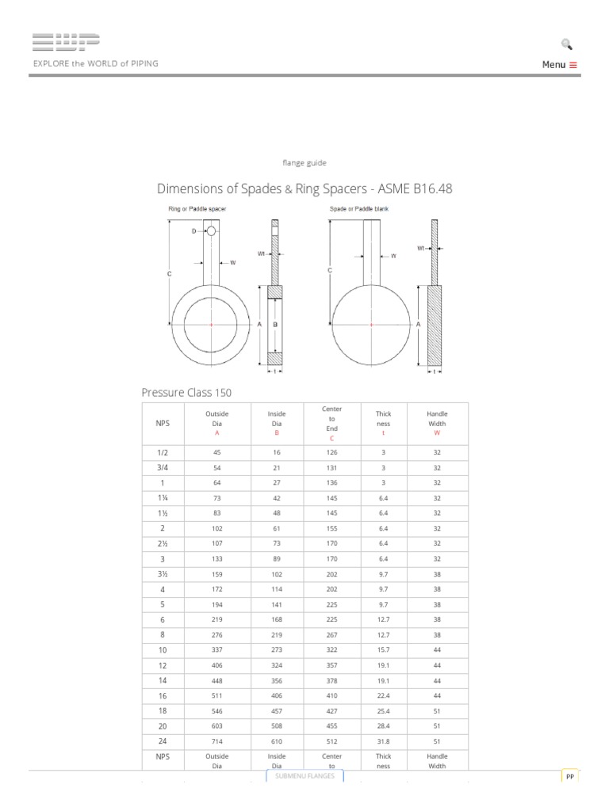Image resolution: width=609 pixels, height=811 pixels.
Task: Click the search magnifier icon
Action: pos(566,44)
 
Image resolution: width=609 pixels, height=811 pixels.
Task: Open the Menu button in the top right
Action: pos(559,65)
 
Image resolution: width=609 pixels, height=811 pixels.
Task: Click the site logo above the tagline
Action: pos(66,44)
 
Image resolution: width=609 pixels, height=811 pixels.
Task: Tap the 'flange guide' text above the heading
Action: pos(304,162)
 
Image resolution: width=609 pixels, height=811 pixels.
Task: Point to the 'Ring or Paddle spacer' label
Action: pos(198,209)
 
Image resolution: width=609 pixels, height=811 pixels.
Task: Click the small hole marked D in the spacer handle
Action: pos(211,231)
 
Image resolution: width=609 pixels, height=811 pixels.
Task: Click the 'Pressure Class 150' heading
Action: pos(186,392)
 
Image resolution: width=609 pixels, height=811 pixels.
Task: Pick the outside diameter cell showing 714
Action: pos(217,741)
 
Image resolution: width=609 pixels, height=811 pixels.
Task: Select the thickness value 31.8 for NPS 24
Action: pos(383,741)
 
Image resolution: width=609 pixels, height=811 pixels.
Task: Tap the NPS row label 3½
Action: pos(162,573)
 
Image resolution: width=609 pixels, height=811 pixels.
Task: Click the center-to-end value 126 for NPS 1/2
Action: pos(331,452)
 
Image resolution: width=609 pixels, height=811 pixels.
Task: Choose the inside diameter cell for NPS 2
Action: pos(278,528)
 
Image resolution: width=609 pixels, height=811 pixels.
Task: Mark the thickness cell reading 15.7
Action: pos(383,649)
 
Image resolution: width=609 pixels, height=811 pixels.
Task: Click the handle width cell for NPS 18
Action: pos(437,710)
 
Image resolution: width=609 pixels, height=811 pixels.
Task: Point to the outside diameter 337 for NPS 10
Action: pos(217,649)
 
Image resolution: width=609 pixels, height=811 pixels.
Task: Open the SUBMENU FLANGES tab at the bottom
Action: pos(304,776)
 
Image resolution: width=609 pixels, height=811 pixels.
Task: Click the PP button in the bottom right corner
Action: pos(569,778)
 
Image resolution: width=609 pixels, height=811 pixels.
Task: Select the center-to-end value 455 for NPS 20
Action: pos(331,725)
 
